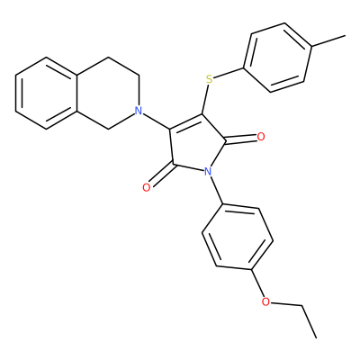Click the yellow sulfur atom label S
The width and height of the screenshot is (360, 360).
210,79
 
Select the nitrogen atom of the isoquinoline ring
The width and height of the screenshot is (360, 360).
138,111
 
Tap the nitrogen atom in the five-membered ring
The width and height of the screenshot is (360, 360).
207,172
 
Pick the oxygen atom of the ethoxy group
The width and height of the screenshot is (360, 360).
265,301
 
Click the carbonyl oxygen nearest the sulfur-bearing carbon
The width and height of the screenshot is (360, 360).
261,137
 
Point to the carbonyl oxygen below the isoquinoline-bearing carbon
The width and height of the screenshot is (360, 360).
147,188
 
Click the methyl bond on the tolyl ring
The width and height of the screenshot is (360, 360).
328,41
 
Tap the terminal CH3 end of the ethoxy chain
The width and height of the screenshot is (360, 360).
316,337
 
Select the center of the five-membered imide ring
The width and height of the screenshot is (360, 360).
194,146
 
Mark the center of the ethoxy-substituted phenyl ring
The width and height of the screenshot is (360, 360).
238,237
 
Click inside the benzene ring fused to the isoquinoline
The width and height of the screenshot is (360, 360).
47,93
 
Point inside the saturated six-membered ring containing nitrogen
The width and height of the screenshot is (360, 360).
108,93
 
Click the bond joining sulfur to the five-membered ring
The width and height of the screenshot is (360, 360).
205,99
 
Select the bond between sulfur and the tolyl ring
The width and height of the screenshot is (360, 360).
229,73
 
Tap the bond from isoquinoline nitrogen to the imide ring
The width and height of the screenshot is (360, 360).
157,121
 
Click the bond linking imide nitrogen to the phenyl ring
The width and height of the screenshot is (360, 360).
216,191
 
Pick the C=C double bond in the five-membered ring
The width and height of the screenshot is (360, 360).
186,121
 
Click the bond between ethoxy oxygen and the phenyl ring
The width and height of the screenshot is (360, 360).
257,283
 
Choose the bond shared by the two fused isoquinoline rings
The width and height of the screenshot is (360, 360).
77,93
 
